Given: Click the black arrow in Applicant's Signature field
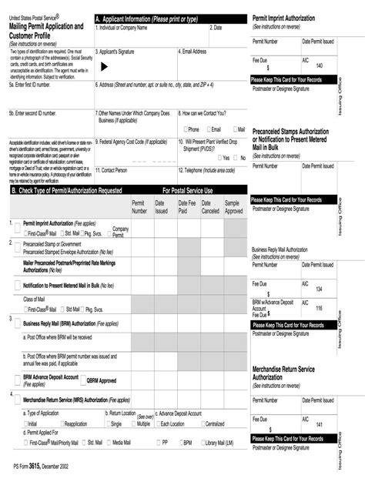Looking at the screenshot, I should (105, 67).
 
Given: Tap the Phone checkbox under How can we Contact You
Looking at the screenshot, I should (185, 129).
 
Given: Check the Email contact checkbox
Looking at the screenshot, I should (208, 129).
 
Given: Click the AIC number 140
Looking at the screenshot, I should (319, 65).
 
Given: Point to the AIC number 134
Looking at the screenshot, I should (319, 289).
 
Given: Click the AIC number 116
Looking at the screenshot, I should (319, 308).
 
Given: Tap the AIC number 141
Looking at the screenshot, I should (319, 424).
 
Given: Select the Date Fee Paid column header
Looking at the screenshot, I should (187, 206).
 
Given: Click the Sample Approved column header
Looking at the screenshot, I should (233, 206).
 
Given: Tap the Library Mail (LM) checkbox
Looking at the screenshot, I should (203, 443).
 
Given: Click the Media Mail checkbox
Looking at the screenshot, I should (109, 443).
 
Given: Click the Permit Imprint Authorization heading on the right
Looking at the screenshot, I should (289, 16).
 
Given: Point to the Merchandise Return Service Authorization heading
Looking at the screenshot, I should (283, 373).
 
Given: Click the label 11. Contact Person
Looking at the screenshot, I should (112, 169).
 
